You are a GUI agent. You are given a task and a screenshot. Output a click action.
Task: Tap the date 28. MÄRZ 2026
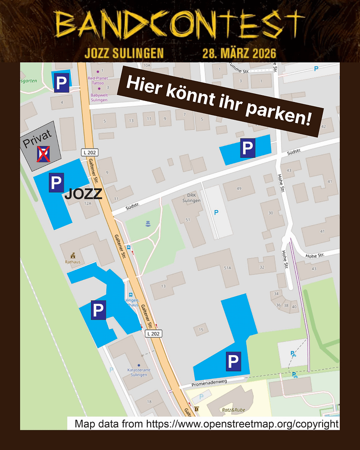[x=239, y=54]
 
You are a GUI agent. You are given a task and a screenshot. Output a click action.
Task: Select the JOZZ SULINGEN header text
[x=124, y=54]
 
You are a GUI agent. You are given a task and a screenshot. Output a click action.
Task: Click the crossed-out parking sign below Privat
[x=43, y=154]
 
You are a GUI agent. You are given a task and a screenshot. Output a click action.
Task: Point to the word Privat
[x=37, y=142]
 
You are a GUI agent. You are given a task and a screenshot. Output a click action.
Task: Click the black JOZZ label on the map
[x=83, y=194]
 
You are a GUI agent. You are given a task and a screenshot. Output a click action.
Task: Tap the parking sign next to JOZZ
[x=56, y=182]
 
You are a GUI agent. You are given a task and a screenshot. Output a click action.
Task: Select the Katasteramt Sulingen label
[x=139, y=372]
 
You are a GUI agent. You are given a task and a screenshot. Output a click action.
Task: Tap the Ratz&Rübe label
[x=233, y=410]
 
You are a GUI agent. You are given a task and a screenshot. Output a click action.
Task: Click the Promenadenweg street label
[x=212, y=383]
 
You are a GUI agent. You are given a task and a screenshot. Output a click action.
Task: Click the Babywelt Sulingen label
[x=99, y=98]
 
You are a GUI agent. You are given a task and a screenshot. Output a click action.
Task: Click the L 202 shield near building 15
[x=153, y=334]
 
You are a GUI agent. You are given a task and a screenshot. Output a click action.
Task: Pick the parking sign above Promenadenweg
[x=233, y=362]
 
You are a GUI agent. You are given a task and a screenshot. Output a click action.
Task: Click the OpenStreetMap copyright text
[x=207, y=424]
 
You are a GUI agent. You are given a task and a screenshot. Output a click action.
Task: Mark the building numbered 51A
[x=227, y=268]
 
